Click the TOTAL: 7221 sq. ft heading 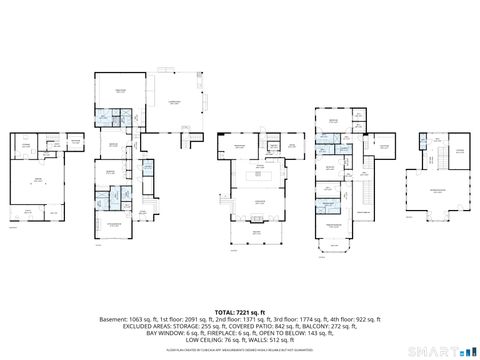click(239, 312)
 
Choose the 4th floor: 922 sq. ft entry click(354, 319)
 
